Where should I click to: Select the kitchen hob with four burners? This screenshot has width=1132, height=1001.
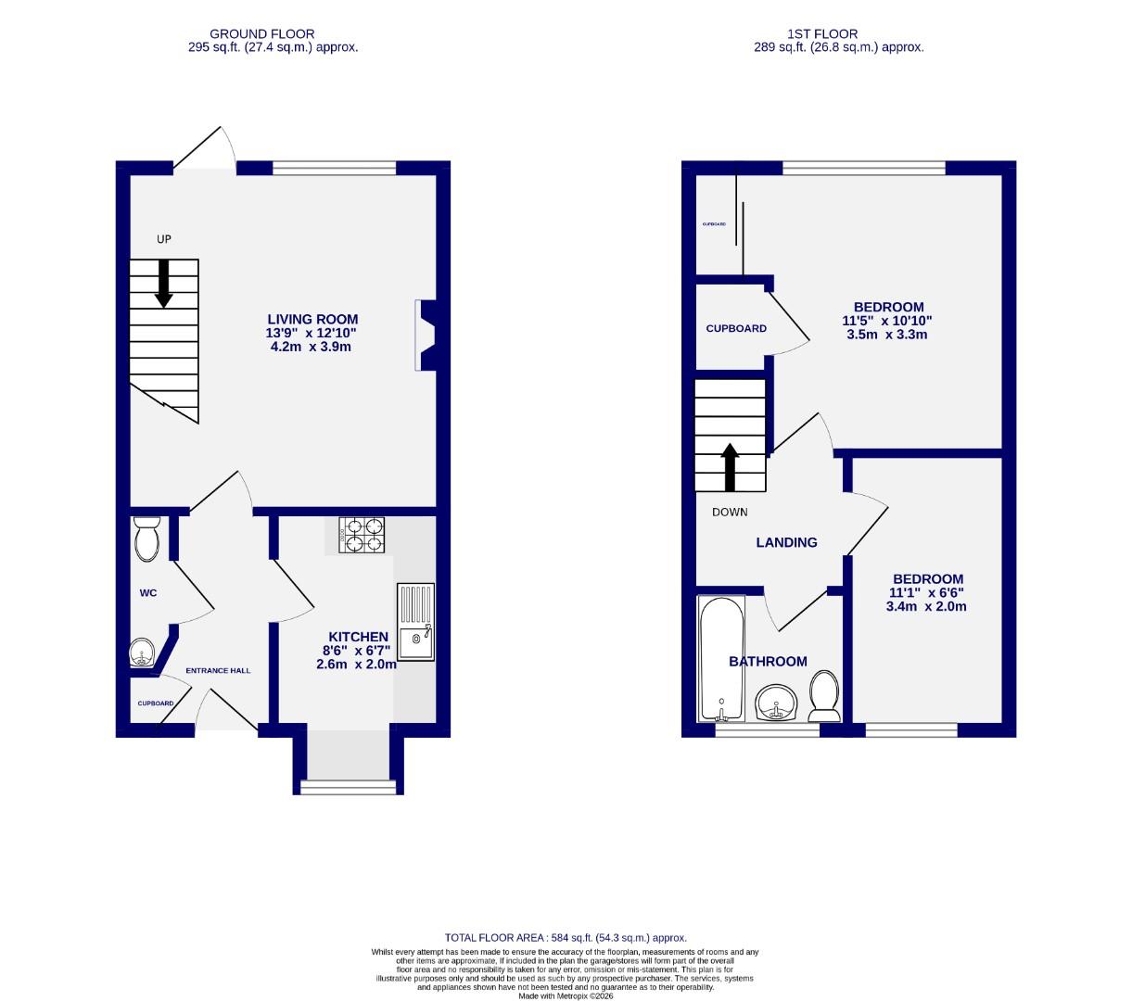362,535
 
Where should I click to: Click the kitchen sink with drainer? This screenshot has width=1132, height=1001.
415,622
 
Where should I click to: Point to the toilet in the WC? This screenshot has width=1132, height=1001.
146,539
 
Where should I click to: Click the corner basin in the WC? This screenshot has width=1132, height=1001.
142,653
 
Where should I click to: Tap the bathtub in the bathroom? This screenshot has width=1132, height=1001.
719,659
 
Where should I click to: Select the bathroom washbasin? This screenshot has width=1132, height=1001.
774,703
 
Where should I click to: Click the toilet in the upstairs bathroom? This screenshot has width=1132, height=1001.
824,697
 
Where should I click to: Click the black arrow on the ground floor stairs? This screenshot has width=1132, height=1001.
163,283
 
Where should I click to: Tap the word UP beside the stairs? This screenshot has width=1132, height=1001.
164,239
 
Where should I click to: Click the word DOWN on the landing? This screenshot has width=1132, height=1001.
730,512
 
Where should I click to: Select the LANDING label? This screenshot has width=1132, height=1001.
786,542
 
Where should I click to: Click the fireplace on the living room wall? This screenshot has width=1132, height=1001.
426,336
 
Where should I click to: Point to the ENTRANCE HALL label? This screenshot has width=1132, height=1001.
218,670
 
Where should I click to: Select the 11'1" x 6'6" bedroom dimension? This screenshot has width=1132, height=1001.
927,593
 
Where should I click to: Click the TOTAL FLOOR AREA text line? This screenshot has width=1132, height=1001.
566,938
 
